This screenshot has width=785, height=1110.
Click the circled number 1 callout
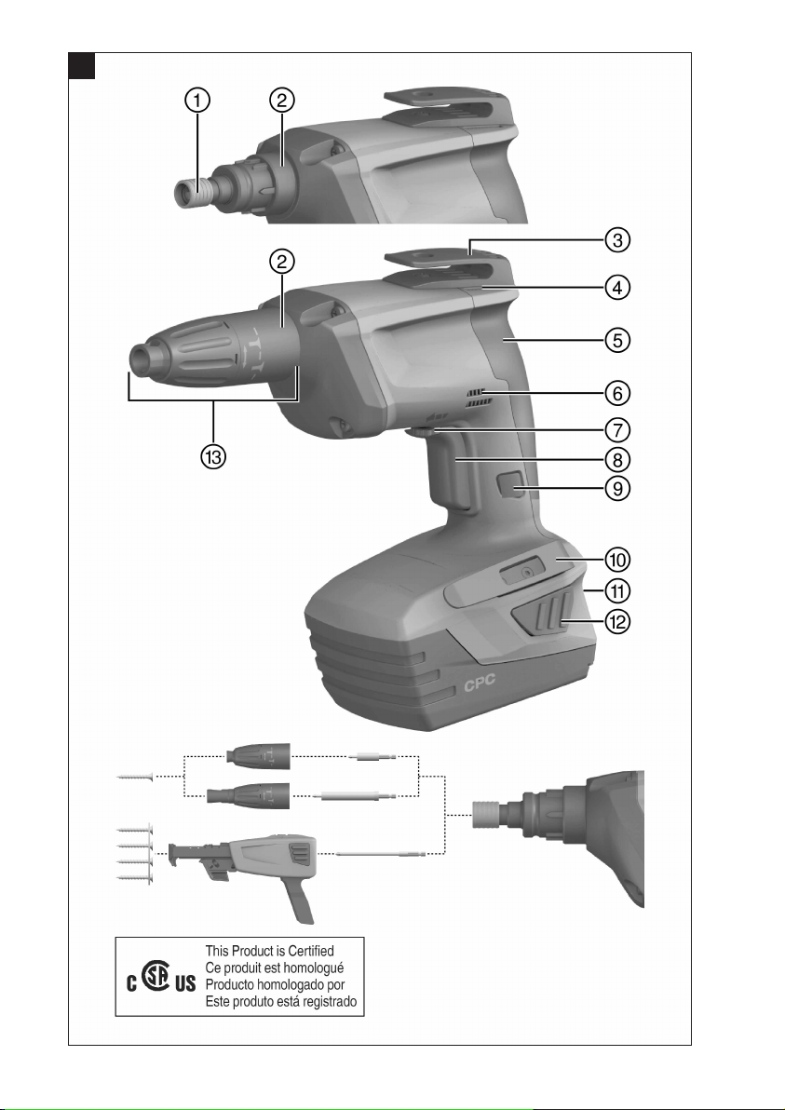pyautogui.click(x=197, y=101)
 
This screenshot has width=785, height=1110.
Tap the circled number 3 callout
pyautogui.click(x=617, y=240)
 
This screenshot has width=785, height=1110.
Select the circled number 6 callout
pyautogui.click(x=617, y=392)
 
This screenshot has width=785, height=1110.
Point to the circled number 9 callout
pyautogui.click(x=617, y=488)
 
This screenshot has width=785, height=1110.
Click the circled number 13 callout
pyautogui.click(x=213, y=456)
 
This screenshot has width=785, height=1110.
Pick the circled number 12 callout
pyautogui.click(x=617, y=621)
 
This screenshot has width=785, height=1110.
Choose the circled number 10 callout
pyautogui.click(x=617, y=560)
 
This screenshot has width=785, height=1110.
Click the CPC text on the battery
pyautogui.click(x=480, y=684)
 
